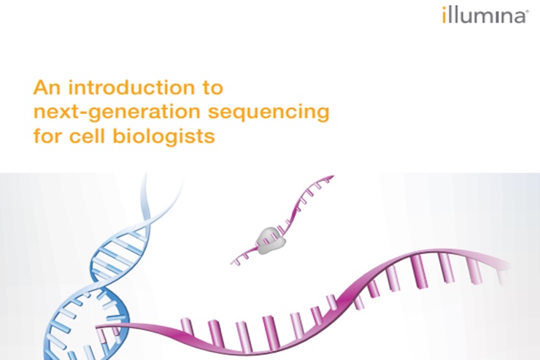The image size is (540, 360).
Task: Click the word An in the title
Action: pos(47,88)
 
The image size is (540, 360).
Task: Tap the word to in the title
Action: pos(212,88)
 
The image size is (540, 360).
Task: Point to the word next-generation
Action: pos(117,112)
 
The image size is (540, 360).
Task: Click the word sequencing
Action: pos(269,112)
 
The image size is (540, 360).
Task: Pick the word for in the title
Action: pos(47,136)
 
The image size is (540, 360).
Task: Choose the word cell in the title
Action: pos(87,136)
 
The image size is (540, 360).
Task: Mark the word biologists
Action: pos(164,137)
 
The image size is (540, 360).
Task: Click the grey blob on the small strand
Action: pos(271,240)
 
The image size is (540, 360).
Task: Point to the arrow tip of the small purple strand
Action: pos(333,177)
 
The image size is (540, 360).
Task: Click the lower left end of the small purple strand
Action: pos(233,263)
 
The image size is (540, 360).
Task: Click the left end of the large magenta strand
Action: pos(97,326)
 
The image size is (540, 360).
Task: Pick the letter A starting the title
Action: pos(41,88)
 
